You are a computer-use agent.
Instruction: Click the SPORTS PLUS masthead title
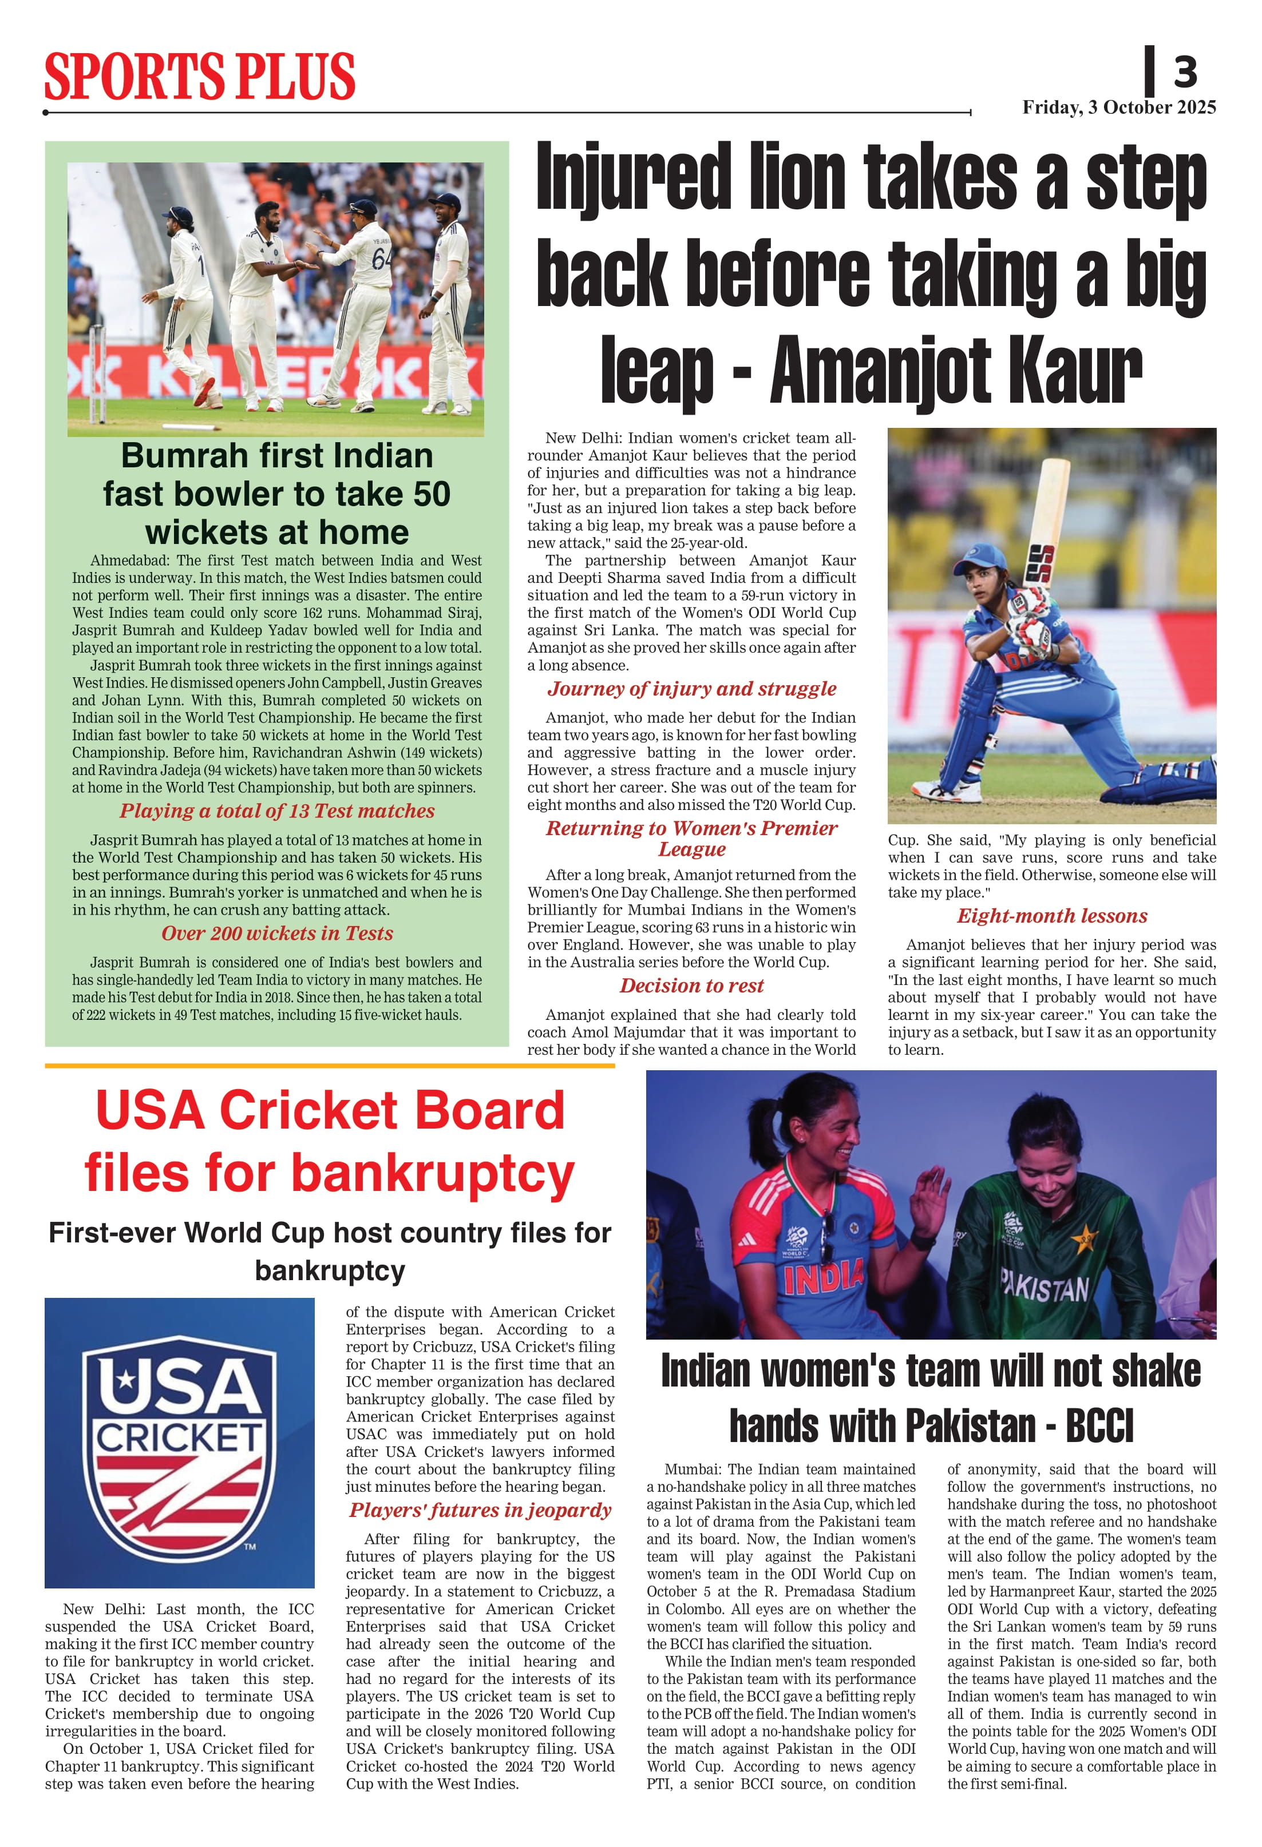coord(199,77)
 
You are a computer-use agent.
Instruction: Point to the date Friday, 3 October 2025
coord(1119,108)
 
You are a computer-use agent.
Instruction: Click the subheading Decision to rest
coord(691,986)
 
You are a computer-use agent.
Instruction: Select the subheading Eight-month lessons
coord(1051,916)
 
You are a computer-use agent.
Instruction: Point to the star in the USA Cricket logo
coord(127,1380)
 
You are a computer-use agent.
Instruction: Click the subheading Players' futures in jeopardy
coord(480,1510)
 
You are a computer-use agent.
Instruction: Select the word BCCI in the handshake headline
coord(1099,1426)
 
